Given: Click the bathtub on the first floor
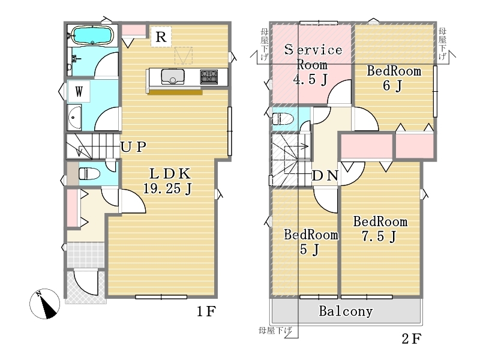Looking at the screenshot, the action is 92,36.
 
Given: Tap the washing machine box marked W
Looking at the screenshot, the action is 79,91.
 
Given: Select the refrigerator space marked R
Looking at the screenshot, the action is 161,37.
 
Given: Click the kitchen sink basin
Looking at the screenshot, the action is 173,76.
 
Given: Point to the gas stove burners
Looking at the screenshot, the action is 209,77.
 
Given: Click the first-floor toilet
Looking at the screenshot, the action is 89,173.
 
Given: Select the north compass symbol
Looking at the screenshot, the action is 44,304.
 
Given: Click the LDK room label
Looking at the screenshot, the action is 170,173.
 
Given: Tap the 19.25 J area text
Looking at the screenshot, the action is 167,188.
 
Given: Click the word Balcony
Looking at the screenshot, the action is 346,311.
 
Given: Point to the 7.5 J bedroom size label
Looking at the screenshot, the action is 379,236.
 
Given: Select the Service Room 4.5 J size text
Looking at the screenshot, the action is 310,80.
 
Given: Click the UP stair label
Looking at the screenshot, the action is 133,147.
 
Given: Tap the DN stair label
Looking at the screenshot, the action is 325,176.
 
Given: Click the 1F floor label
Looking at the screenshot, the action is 206,311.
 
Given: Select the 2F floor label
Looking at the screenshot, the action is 412,339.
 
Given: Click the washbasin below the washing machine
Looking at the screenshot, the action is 74,118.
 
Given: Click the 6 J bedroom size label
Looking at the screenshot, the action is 392,85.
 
